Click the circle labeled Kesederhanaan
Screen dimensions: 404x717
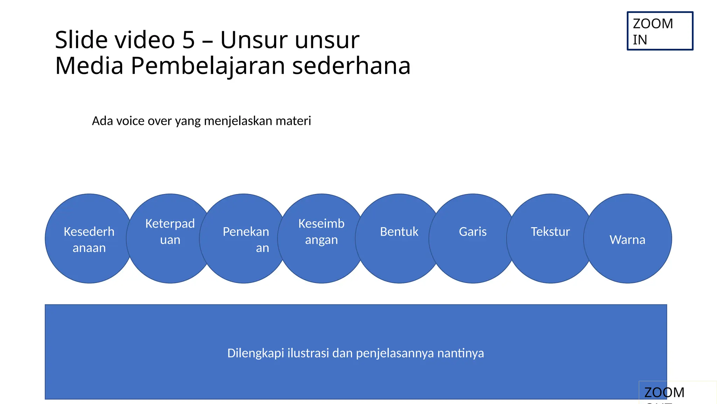89,239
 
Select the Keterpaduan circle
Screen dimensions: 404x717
170,239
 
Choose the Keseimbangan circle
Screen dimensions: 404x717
321,239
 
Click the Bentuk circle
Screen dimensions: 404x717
399,239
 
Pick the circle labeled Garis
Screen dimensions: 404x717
473,239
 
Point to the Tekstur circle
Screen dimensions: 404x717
550,239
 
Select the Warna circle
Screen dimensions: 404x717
627,239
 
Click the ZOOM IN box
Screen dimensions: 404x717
660,31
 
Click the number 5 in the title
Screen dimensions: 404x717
188,40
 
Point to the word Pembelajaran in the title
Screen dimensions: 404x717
208,66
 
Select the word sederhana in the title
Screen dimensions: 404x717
351,66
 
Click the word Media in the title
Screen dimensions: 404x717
89,66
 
